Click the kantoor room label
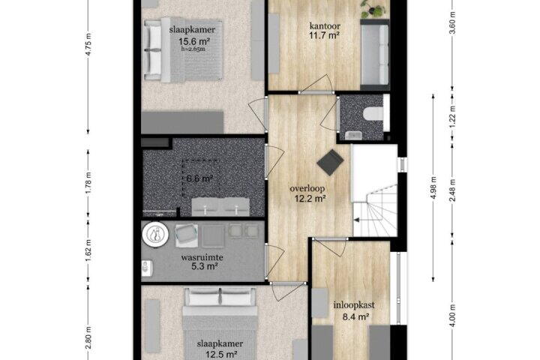[x=325, y=25]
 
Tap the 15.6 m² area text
[x=194, y=42]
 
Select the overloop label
[x=307, y=189]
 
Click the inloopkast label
[x=354, y=305]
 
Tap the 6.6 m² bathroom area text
[x=199, y=178]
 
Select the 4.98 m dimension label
[x=433, y=187]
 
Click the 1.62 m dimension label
[x=88, y=250]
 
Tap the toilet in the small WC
[x=373, y=113]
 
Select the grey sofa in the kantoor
[x=375, y=55]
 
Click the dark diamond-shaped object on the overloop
[x=330, y=163]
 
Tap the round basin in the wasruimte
[x=155, y=234]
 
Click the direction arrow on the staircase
[x=357, y=220]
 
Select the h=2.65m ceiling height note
[x=193, y=49]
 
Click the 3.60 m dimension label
[x=453, y=22]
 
